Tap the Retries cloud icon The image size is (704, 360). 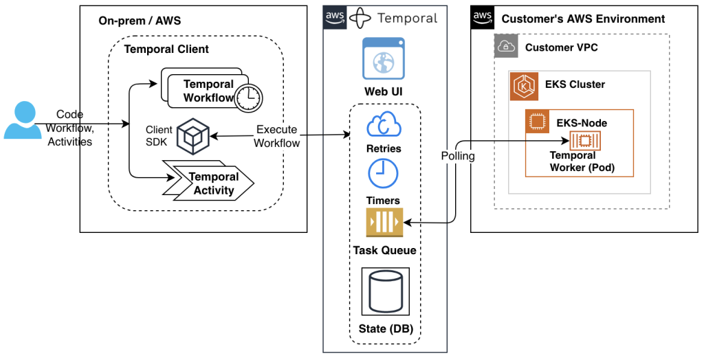coord(384,125)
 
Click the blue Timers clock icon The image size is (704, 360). coord(384,174)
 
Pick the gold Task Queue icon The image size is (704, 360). coord(384,223)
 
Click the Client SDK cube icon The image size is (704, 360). coord(192,136)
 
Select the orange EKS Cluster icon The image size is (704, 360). coord(524,87)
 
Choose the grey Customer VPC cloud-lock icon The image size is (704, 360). coord(506,47)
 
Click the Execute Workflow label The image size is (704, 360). coord(277,136)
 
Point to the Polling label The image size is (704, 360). coord(458,156)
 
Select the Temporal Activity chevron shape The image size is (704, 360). coord(210,183)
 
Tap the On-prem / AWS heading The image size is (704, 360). coord(140,21)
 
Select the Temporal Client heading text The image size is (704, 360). coord(166,49)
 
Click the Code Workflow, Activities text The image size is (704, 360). coord(69,127)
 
